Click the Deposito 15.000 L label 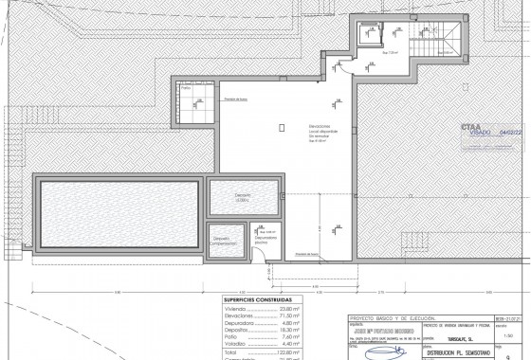[x=242, y=198]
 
